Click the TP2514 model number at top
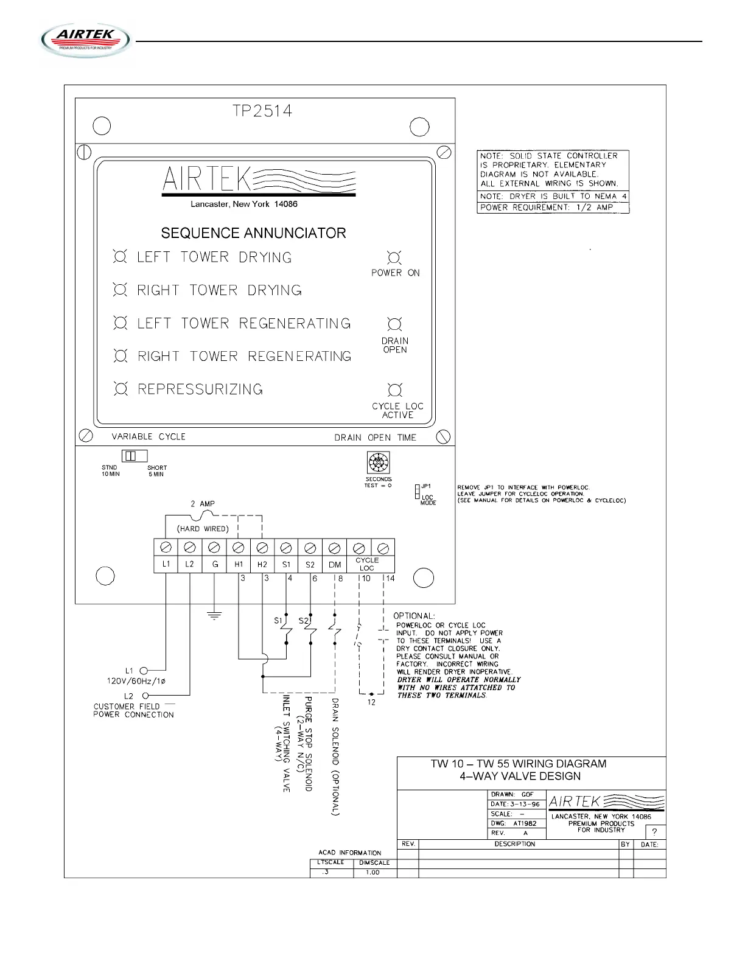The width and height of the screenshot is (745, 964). click(262, 111)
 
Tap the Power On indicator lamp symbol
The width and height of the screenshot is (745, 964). click(394, 257)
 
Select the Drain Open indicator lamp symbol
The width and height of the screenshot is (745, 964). click(394, 324)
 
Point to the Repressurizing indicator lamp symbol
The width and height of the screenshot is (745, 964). click(121, 389)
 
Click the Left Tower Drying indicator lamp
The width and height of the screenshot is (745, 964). click(120, 257)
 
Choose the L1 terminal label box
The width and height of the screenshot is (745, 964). click(166, 564)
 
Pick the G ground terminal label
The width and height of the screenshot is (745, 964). click(214, 564)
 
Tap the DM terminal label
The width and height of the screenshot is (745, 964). click(335, 564)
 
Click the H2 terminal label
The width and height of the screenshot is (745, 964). click(262, 564)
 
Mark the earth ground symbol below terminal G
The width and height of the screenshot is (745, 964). click(214, 616)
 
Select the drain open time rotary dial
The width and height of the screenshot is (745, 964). click(379, 463)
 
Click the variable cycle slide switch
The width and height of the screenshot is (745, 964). click(135, 456)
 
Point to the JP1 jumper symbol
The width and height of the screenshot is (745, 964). click(417, 491)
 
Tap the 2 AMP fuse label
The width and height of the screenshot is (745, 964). click(203, 504)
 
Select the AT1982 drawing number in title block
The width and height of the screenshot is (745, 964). click(525, 823)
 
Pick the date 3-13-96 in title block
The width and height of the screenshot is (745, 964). click(524, 804)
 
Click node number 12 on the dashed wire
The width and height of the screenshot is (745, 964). click(371, 702)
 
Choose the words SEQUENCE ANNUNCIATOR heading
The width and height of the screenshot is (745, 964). click(253, 233)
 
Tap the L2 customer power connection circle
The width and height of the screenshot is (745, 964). click(145, 695)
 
